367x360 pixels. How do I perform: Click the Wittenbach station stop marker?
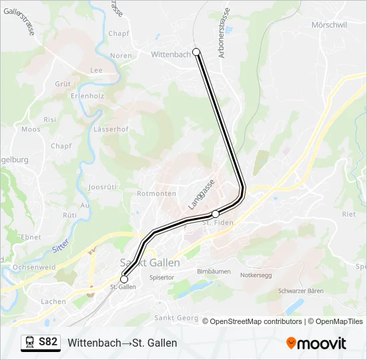click(196, 52)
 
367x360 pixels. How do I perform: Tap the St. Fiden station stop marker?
click(215, 213)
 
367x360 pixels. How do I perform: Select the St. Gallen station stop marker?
click(123, 279)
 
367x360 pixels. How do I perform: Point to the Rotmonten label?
click(156, 193)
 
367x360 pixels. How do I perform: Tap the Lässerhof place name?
click(111, 129)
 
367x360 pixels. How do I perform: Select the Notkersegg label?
click(257, 274)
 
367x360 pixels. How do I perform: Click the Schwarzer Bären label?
click(301, 291)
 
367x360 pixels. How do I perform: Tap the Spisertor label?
click(161, 277)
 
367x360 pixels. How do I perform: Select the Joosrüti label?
click(103, 188)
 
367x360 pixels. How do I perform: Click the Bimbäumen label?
click(214, 271)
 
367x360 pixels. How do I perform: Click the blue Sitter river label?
click(60, 249)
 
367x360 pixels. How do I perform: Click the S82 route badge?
click(48, 342)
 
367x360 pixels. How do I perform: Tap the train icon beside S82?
click(30, 342)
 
